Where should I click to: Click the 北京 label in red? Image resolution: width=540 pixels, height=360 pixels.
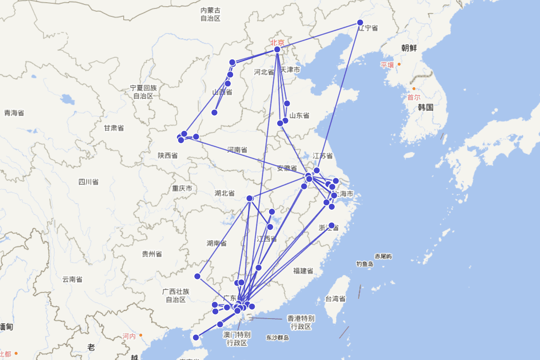pyautogui.click(x=277, y=42)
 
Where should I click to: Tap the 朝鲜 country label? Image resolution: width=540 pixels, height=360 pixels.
pyautogui.click(x=409, y=48)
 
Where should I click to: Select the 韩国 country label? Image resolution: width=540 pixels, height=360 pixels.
pyautogui.click(x=425, y=107)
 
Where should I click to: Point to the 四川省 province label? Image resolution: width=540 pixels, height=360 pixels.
pyautogui.click(x=88, y=182)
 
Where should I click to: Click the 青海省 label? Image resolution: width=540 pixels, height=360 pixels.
pyautogui.click(x=14, y=113)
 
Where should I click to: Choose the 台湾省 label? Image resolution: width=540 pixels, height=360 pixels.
pyautogui.click(x=335, y=299)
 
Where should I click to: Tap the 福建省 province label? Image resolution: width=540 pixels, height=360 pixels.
pyautogui.click(x=303, y=270)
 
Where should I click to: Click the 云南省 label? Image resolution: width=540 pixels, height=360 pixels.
pyautogui.click(x=72, y=279)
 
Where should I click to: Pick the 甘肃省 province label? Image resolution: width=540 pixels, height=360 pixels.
pyautogui.click(x=113, y=128)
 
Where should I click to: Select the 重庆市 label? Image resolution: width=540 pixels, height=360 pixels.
pyautogui.click(x=182, y=188)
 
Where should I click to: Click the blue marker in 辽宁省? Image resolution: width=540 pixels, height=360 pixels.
pyautogui.click(x=360, y=22)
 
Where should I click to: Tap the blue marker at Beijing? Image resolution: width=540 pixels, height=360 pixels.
pyautogui.click(x=277, y=49)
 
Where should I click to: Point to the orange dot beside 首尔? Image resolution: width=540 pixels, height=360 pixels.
pyautogui.click(x=414, y=89)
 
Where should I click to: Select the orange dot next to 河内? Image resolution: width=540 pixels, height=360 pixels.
pyautogui.click(x=141, y=335)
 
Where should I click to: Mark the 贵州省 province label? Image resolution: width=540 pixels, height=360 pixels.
pyautogui.click(x=152, y=254)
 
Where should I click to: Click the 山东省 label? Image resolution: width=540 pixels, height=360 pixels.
pyautogui.click(x=299, y=116)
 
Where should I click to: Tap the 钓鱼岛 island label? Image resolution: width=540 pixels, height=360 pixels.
pyautogui.click(x=365, y=264)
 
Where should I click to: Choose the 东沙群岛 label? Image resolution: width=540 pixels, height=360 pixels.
pyautogui.click(x=277, y=337)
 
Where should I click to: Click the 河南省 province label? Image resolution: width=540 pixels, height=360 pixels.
pyautogui.click(x=237, y=149)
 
